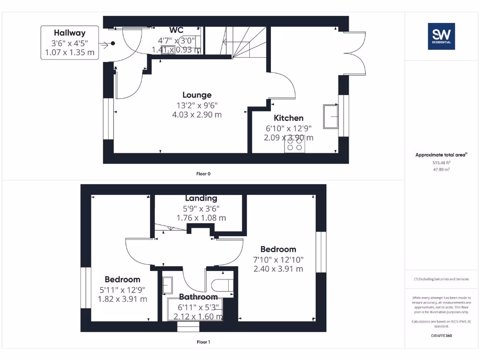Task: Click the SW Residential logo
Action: pos(441,36)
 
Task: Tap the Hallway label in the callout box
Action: pos(69,33)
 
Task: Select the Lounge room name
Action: pos(197,95)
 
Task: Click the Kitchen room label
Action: pos(288,118)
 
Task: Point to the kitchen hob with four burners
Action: pos(294,145)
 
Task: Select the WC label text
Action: pos(176,30)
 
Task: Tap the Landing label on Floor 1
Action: pos(201,198)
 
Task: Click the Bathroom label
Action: pos(198,297)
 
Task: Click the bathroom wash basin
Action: pos(167,285)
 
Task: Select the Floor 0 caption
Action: pos(203,174)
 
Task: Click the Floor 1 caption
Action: pos(203,342)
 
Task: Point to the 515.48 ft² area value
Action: pos(441,162)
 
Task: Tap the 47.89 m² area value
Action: pos(441,169)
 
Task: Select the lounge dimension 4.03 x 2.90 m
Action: pos(197,114)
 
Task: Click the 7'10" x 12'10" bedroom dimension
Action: pos(278,259)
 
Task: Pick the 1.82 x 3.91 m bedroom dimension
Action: pos(122,299)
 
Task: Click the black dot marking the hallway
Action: pos(113,44)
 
